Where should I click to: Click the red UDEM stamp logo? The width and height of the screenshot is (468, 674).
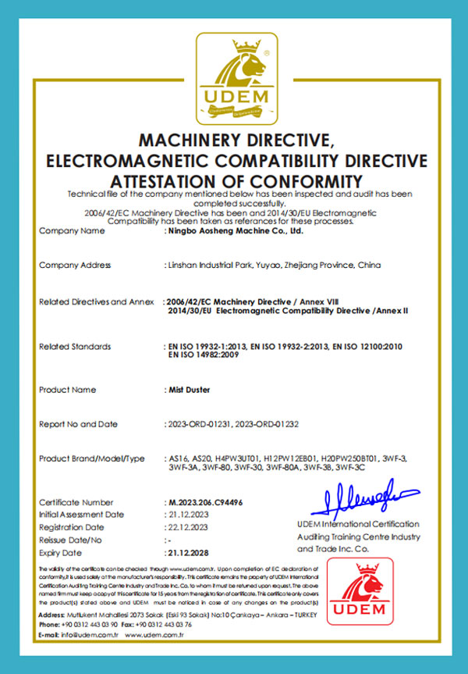pyautogui.click(x=360, y=597)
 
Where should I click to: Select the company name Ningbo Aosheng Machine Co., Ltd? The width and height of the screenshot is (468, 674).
pyautogui.click(x=235, y=231)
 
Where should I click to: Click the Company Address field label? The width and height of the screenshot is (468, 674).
pyautogui.click(x=75, y=266)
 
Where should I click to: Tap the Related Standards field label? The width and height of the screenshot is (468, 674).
pyautogui.click(x=75, y=346)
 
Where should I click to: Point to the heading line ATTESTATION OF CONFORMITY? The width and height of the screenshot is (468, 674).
pyautogui.click(x=235, y=180)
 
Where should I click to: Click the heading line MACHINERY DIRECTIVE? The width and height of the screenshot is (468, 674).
pyautogui.click(x=235, y=141)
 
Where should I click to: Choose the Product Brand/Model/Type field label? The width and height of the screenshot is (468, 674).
pyautogui.click(x=92, y=458)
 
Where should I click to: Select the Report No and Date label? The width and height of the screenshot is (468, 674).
pyautogui.click(x=78, y=424)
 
